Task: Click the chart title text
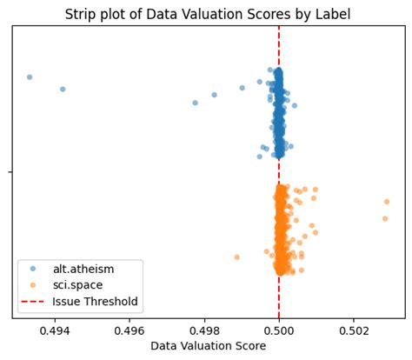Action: point(208,14)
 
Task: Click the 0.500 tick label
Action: point(279,331)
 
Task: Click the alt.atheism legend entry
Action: point(83,269)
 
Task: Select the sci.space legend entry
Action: point(77,285)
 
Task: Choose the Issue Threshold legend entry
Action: point(95,302)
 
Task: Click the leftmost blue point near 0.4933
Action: point(30,77)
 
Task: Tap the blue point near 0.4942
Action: point(63,89)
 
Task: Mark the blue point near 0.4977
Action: point(195,103)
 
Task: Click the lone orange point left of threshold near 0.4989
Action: point(236,257)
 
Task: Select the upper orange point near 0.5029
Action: point(387,202)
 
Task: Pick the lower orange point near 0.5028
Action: point(385,218)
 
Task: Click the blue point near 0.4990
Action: point(243,87)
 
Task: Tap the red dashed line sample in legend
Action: point(34,302)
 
